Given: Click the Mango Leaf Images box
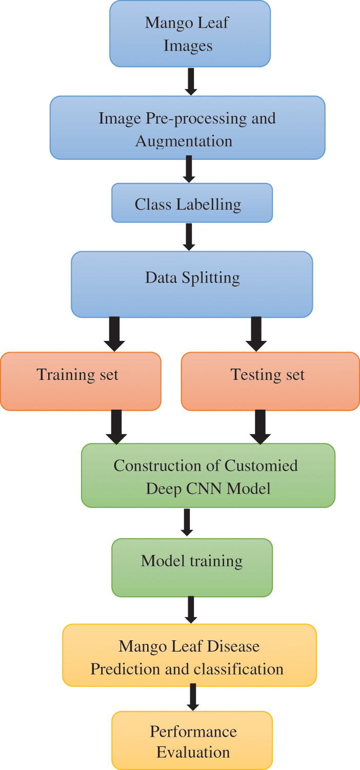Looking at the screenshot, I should tap(190, 34).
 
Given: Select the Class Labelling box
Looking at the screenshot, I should tap(192, 204).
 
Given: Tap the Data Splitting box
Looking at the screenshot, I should tap(192, 284).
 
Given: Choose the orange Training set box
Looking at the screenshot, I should tap(81, 381).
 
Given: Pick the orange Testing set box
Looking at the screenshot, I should tap(270, 381).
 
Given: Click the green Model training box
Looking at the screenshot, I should tap(192, 568).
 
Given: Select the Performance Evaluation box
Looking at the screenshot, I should tap(192, 740).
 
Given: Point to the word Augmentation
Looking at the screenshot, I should tap(184, 141).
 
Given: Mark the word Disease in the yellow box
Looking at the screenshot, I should tap(234, 646).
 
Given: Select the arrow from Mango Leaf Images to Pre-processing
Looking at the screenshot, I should tap(191, 81).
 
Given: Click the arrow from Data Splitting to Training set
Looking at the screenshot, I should tap(115, 333).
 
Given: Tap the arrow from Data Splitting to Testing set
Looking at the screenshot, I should tap(256, 333).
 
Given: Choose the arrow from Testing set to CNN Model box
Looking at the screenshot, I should tap(261, 427).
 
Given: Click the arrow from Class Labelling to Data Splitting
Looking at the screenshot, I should tap(189, 236).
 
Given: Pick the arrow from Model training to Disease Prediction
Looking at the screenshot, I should tap(191, 610).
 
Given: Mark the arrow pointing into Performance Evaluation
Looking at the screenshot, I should tap(192, 698).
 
